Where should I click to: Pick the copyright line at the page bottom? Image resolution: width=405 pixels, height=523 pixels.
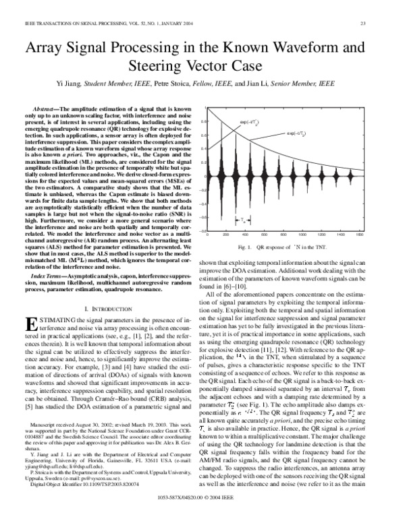pos(202,516)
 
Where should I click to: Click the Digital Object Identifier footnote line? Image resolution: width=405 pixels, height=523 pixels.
pos(86,501)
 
